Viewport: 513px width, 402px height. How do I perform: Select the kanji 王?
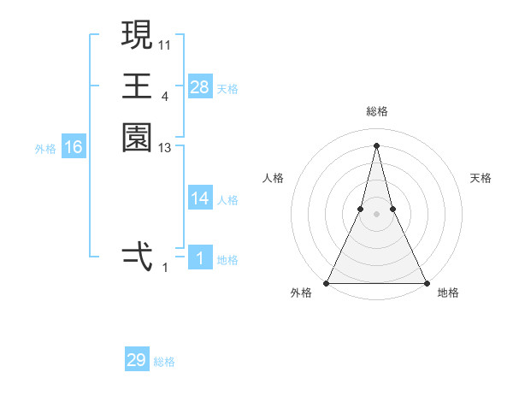pyautogui.click(x=137, y=86)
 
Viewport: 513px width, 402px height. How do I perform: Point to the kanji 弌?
pyautogui.click(x=137, y=257)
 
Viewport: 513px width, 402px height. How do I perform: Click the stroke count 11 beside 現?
pyautogui.click(x=165, y=44)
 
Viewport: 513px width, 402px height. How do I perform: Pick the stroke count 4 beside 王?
pyautogui.click(x=164, y=96)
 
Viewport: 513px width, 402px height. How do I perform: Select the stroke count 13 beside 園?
pyautogui.click(x=165, y=148)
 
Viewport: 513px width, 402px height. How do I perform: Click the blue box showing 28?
pyautogui.click(x=200, y=87)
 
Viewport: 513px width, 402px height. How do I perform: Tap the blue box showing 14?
pyautogui.click(x=200, y=198)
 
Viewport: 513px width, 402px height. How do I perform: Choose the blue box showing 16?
pyautogui.click(x=74, y=147)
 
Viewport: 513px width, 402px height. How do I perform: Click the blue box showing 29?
pyautogui.click(x=137, y=360)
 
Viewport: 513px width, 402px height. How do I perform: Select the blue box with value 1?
pyautogui.click(x=200, y=258)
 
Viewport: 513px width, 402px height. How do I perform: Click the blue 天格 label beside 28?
pyautogui.click(x=227, y=89)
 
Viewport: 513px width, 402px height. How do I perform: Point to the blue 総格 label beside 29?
pyautogui.click(x=164, y=362)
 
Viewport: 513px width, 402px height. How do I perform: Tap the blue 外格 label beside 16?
pyautogui.click(x=45, y=149)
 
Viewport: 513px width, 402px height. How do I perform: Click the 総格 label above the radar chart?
pyautogui.click(x=376, y=111)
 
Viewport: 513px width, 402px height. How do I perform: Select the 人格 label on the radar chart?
pyautogui.click(x=273, y=178)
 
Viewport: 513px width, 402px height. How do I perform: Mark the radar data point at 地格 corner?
pyautogui.click(x=426, y=282)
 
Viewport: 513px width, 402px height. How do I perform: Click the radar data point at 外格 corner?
pyautogui.click(x=327, y=282)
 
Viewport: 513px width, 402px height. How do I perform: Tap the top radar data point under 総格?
pyautogui.click(x=376, y=145)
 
